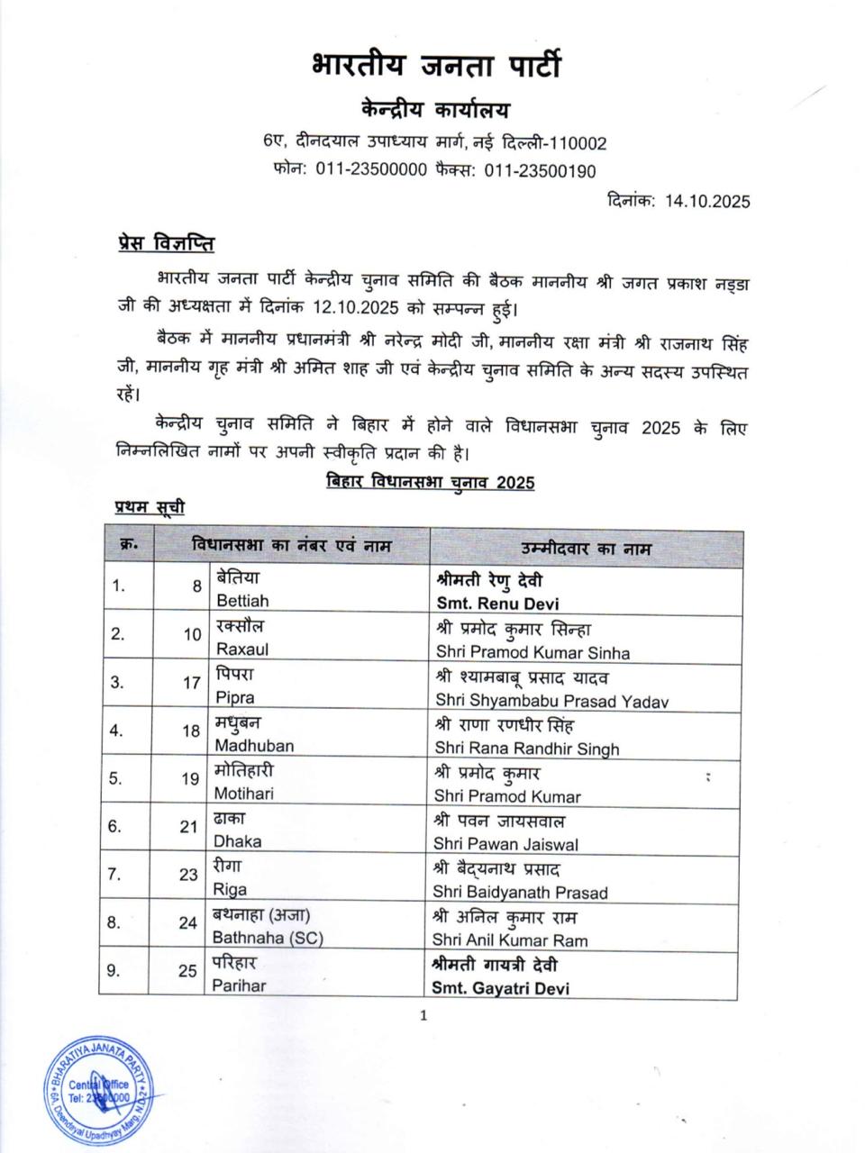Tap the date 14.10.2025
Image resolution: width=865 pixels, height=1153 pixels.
click(x=707, y=201)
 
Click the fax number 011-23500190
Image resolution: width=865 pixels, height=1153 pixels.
click(x=540, y=170)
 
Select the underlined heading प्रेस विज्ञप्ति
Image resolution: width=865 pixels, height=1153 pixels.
click(x=166, y=243)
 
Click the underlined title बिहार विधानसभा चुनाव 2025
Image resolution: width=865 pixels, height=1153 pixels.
click(x=431, y=483)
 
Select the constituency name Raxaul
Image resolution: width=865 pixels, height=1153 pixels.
click(x=241, y=649)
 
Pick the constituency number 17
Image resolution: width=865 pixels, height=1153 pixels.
click(x=191, y=682)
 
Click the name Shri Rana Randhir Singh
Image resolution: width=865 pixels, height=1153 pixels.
click(x=527, y=749)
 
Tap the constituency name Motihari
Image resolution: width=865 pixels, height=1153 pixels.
click(x=244, y=794)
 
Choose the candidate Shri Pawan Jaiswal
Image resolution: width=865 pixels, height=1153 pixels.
click(x=506, y=845)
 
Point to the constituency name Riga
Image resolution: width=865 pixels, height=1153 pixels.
click(x=230, y=890)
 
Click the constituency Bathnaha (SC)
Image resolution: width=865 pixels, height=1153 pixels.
click(x=268, y=938)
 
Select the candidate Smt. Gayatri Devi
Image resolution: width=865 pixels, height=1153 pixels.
click(x=502, y=988)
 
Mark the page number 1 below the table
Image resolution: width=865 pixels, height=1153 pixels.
click(x=423, y=1016)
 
